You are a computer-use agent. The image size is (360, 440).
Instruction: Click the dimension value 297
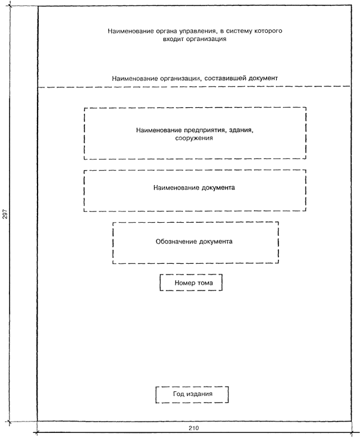coord(5,215)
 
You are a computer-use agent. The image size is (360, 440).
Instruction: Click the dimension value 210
coord(193,429)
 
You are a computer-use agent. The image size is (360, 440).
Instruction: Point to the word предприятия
coord(199,129)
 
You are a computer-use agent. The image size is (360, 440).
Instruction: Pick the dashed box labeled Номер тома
coord(190,282)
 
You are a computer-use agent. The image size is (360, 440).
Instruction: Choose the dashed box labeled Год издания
coord(192,394)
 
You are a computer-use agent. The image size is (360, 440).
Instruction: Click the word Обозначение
coord(173,242)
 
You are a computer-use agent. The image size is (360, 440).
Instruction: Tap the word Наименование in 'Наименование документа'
coord(176,188)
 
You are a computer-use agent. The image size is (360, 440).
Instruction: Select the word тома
coord(206,282)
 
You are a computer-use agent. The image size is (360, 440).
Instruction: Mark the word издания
coord(201,394)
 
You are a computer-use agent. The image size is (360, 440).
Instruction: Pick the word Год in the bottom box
coord(179,394)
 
